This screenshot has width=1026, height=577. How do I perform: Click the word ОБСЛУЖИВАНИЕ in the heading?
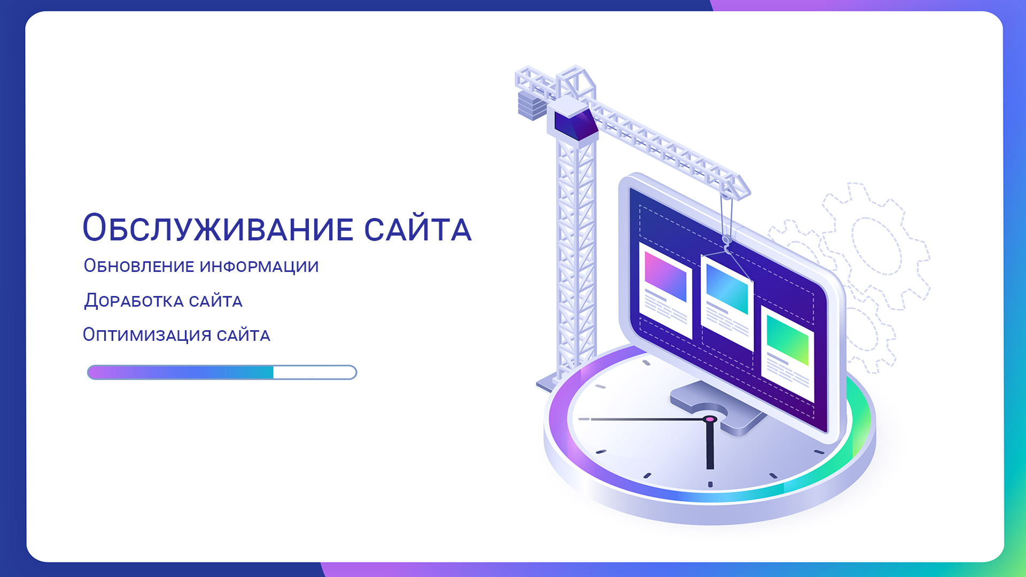pos(218,228)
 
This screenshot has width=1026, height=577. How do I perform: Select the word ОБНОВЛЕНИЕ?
pos(139,266)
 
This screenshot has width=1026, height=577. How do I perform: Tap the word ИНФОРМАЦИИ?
pos(259,266)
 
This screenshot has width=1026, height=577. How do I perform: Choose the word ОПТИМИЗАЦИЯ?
pos(147,334)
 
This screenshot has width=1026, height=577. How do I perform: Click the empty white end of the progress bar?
pos(314,372)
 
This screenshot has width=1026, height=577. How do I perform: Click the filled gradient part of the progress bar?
pos(181,372)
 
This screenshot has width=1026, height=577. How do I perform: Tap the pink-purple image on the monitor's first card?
pos(665,276)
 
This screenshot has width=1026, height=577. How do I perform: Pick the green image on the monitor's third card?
pos(787,339)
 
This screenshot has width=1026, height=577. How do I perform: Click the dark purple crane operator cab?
pos(574,124)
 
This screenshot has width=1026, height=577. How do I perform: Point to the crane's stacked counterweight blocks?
pos(532,104)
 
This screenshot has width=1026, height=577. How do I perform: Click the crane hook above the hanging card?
pos(726,244)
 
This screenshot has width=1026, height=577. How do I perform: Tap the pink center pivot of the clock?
pos(709,419)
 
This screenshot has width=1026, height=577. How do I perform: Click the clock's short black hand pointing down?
pos(710,445)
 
